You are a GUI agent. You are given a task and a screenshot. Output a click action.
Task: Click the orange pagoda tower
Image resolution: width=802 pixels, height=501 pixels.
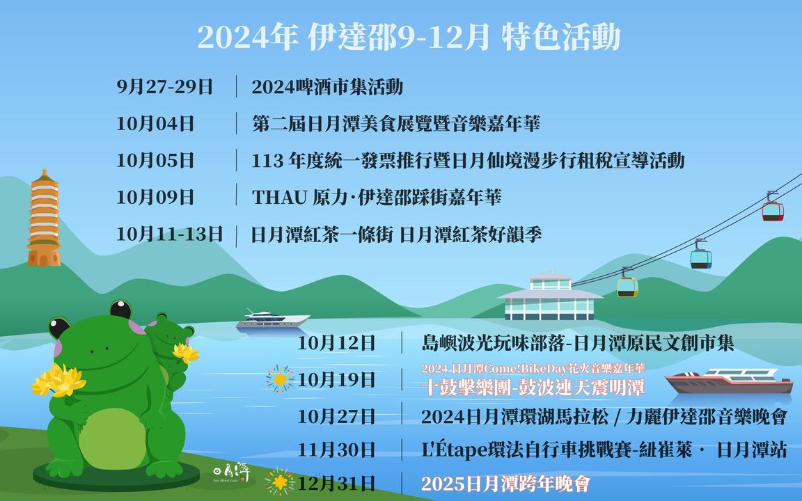coord(44,219)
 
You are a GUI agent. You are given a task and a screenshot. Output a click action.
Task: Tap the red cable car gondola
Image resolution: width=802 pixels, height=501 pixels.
coord(772,210)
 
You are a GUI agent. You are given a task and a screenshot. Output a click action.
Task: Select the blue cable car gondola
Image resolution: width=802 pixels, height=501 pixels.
coord(701,258)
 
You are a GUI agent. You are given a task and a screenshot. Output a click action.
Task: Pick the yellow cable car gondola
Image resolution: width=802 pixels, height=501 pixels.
coord(627,286)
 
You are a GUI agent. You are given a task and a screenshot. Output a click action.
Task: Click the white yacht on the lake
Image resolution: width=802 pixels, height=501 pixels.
coord(272,320)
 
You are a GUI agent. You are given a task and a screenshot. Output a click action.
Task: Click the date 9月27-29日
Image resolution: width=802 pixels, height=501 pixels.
coord(165,87)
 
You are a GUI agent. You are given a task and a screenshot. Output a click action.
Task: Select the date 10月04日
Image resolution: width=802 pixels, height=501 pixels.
coord(155,124)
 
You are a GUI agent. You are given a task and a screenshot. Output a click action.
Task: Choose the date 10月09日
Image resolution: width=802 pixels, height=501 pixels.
coord(155,197)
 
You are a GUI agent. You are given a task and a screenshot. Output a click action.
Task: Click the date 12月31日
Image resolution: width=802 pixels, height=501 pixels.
coord(336,483)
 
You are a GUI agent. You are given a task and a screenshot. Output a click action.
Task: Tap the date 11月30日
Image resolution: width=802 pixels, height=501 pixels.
coord(336,450)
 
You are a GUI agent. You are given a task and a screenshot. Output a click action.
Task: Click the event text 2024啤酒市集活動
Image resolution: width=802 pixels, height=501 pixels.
coord(327,87)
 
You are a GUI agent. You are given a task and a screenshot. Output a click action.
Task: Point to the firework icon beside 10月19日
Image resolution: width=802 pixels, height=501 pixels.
coord(280,379)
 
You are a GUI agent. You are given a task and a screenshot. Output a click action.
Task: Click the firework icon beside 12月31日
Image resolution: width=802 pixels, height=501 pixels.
coord(280,482)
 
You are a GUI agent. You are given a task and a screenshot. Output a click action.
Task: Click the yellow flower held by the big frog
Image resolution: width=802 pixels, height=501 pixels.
coord(59,381)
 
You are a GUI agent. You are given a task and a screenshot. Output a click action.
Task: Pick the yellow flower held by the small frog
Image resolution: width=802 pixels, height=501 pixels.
coord(186,353)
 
